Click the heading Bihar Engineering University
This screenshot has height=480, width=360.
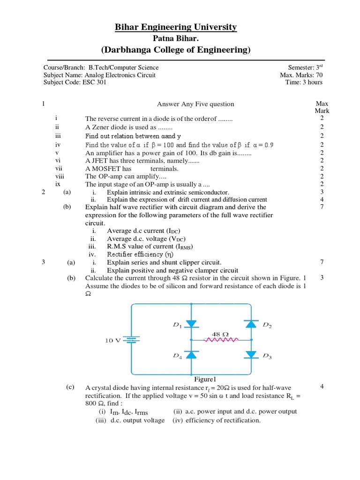(x=176, y=28)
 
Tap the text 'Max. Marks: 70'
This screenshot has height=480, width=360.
(x=301, y=75)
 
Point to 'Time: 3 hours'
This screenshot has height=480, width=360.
(x=304, y=82)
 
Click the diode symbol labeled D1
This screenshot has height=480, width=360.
(x=191, y=324)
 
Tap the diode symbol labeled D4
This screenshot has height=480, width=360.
(x=191, y=354)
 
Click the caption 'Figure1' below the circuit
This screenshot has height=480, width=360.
(x=204, y=379)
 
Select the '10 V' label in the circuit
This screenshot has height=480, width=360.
(x=112, y=341)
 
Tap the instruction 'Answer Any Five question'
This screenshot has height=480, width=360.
(x=195, y=104)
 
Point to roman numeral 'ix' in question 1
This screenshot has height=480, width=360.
(x=58, y=184)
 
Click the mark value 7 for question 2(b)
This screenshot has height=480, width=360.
(x=322, y=207)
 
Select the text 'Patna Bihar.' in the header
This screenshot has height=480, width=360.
(x=176, y=38)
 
